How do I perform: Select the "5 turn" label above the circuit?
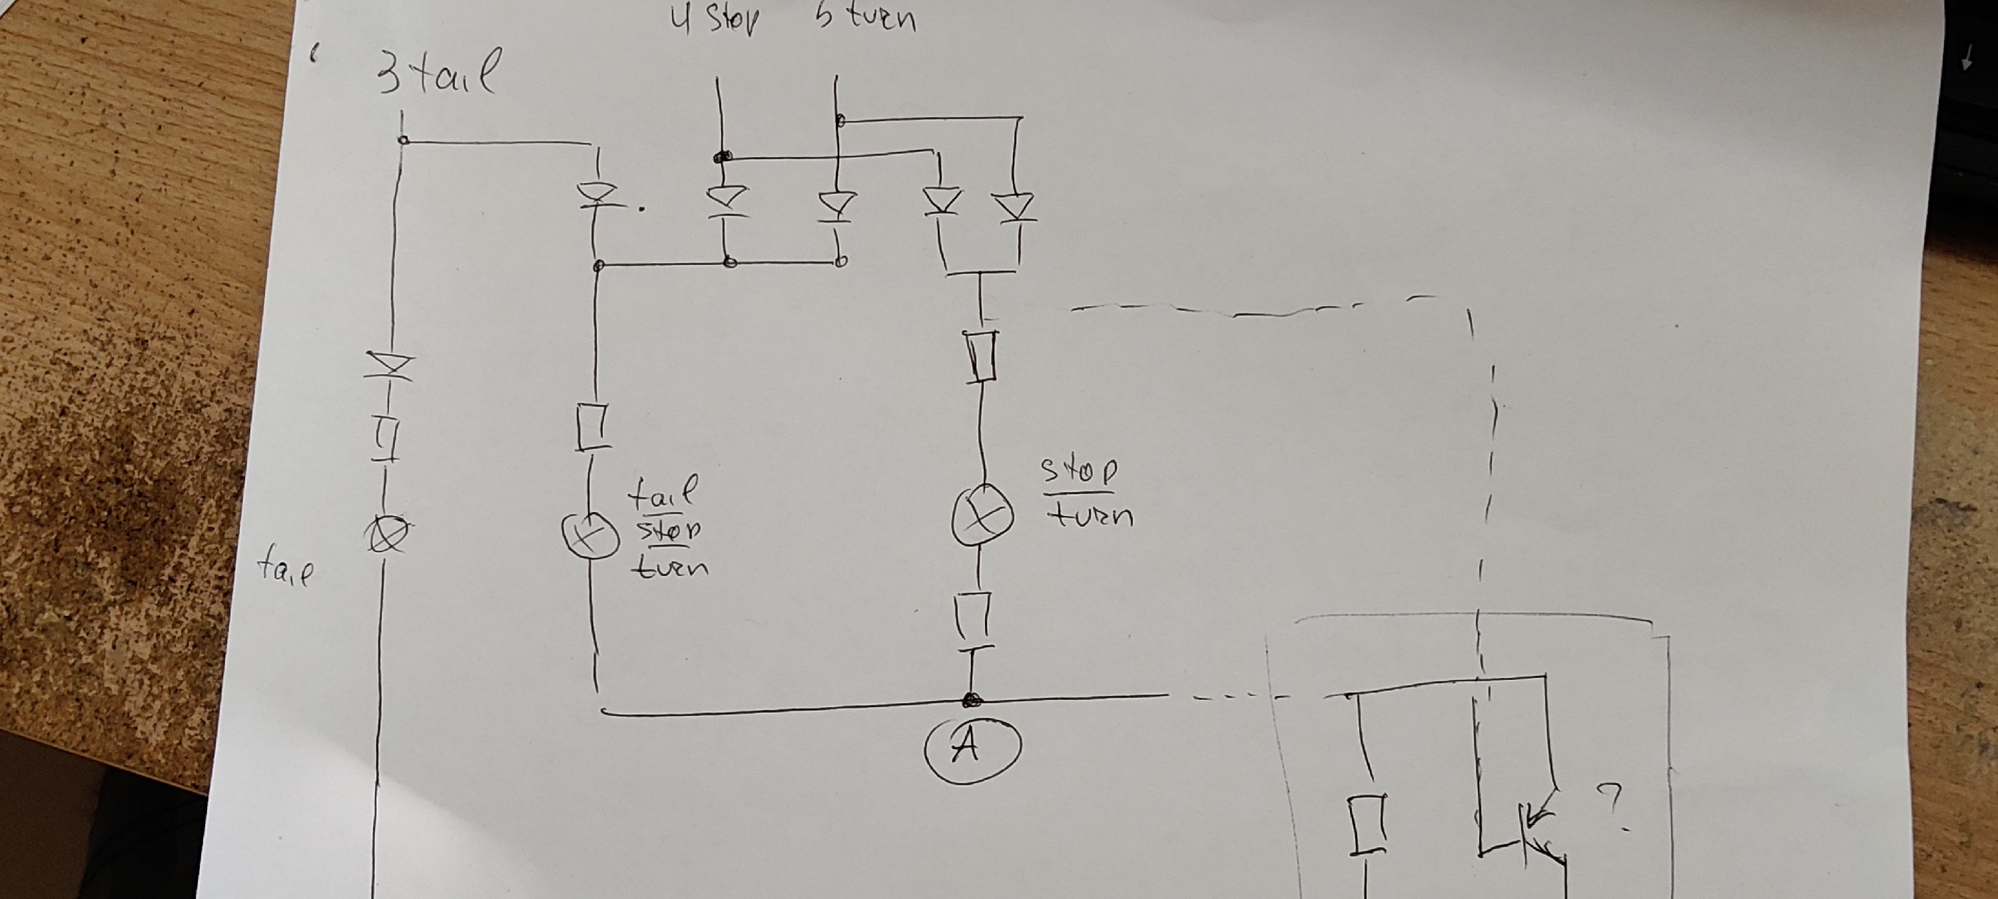pyautogui.click(x=866, y=17)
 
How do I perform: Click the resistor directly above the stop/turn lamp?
pyautogui.click(x=983, y=355)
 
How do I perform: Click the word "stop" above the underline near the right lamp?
pyautogui.click(x=1080, y=470)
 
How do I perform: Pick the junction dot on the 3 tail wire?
pyautogui.click(x=402, y=141)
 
